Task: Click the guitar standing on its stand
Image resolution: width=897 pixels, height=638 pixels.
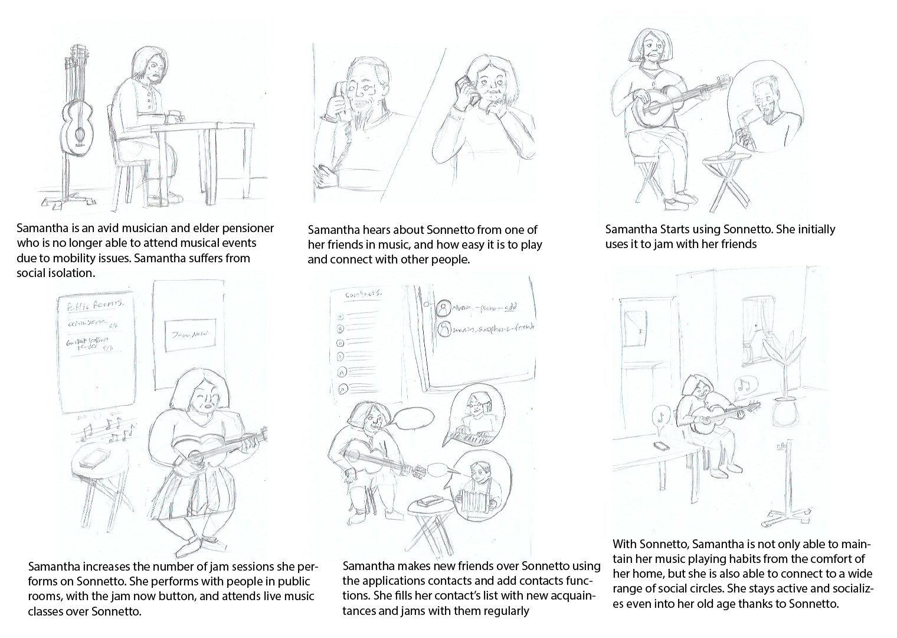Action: tap(76, 118)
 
